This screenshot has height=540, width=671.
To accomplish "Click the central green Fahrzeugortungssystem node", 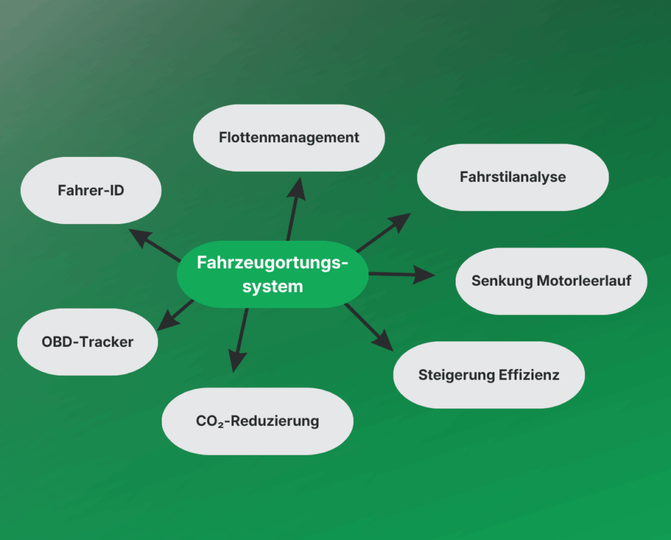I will pos(272,274).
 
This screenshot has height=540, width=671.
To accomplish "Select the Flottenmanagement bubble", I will pos(289,138).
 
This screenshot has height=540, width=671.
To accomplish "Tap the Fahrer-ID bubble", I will pos(91,191).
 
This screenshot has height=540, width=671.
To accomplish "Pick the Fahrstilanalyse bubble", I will pos(513,177).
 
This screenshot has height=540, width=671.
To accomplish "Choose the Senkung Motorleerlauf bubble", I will pos(551,281).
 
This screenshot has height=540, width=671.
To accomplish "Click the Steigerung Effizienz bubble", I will pos(488,375).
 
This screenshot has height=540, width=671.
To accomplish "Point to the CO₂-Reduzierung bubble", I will pos(257,421).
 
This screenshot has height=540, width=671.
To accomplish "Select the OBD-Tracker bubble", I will pos(87,341).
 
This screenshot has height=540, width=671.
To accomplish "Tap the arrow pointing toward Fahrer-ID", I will pos(154,245).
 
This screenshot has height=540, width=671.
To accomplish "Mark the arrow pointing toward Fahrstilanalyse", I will pos(383,232).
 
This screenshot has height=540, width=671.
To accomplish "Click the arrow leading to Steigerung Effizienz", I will pos(369,327).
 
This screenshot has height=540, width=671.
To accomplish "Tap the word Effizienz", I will pos(529,375).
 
